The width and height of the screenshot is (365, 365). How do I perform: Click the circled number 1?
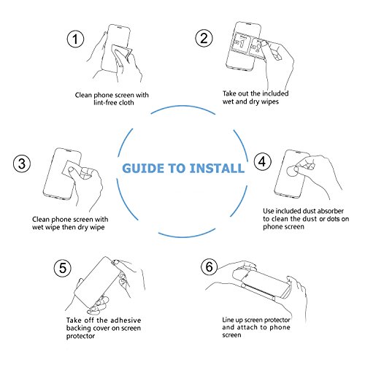(x=75, y=39)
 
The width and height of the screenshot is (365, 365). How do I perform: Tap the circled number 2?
(x=204, y=38)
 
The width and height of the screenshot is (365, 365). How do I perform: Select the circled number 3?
(x=22, y=164)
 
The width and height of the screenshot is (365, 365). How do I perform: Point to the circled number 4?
(x=263, y=161)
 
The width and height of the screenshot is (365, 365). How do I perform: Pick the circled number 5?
(x=63, y=268)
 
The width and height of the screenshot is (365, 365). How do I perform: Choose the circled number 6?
(x=210, y=266)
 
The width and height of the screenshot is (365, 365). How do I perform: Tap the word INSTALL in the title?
(x=217, y=169)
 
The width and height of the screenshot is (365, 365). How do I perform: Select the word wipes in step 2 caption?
(x=269, y=101)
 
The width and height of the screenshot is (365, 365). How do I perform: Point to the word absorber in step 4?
(x=331, y=211)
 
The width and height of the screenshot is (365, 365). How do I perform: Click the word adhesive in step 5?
(x=126, y=320)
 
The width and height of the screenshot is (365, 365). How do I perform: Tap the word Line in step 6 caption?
(x=228, y=320)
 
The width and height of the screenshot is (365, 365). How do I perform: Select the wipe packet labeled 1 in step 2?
(x=241, y=42)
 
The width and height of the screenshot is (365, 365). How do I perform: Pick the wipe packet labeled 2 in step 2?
(x=258, y=48)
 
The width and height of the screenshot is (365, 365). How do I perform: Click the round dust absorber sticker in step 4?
(x=293, y=171)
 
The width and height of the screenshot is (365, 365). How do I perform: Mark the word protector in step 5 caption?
(x=80, y=336)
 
